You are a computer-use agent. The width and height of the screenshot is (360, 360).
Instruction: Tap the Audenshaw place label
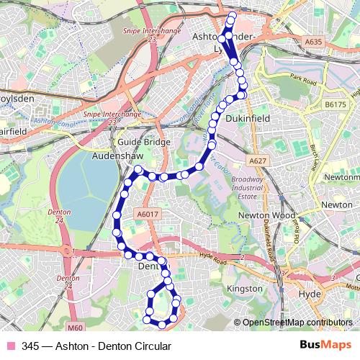pyautogui.click(x=120, y=155)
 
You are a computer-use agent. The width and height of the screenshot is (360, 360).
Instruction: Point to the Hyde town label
pyautogui.click(x=308, y=294)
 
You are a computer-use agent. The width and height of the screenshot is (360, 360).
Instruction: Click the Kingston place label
pyautogui.click(x=245, y=288)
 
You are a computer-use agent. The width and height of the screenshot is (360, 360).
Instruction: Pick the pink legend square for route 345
pyautogui.click(x=10, y=346)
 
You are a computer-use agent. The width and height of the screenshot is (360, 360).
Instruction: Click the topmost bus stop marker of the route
pyautogui.click(x=231, y=15)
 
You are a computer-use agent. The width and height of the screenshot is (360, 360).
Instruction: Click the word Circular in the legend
pyautogui.click(x=151, y=346)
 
